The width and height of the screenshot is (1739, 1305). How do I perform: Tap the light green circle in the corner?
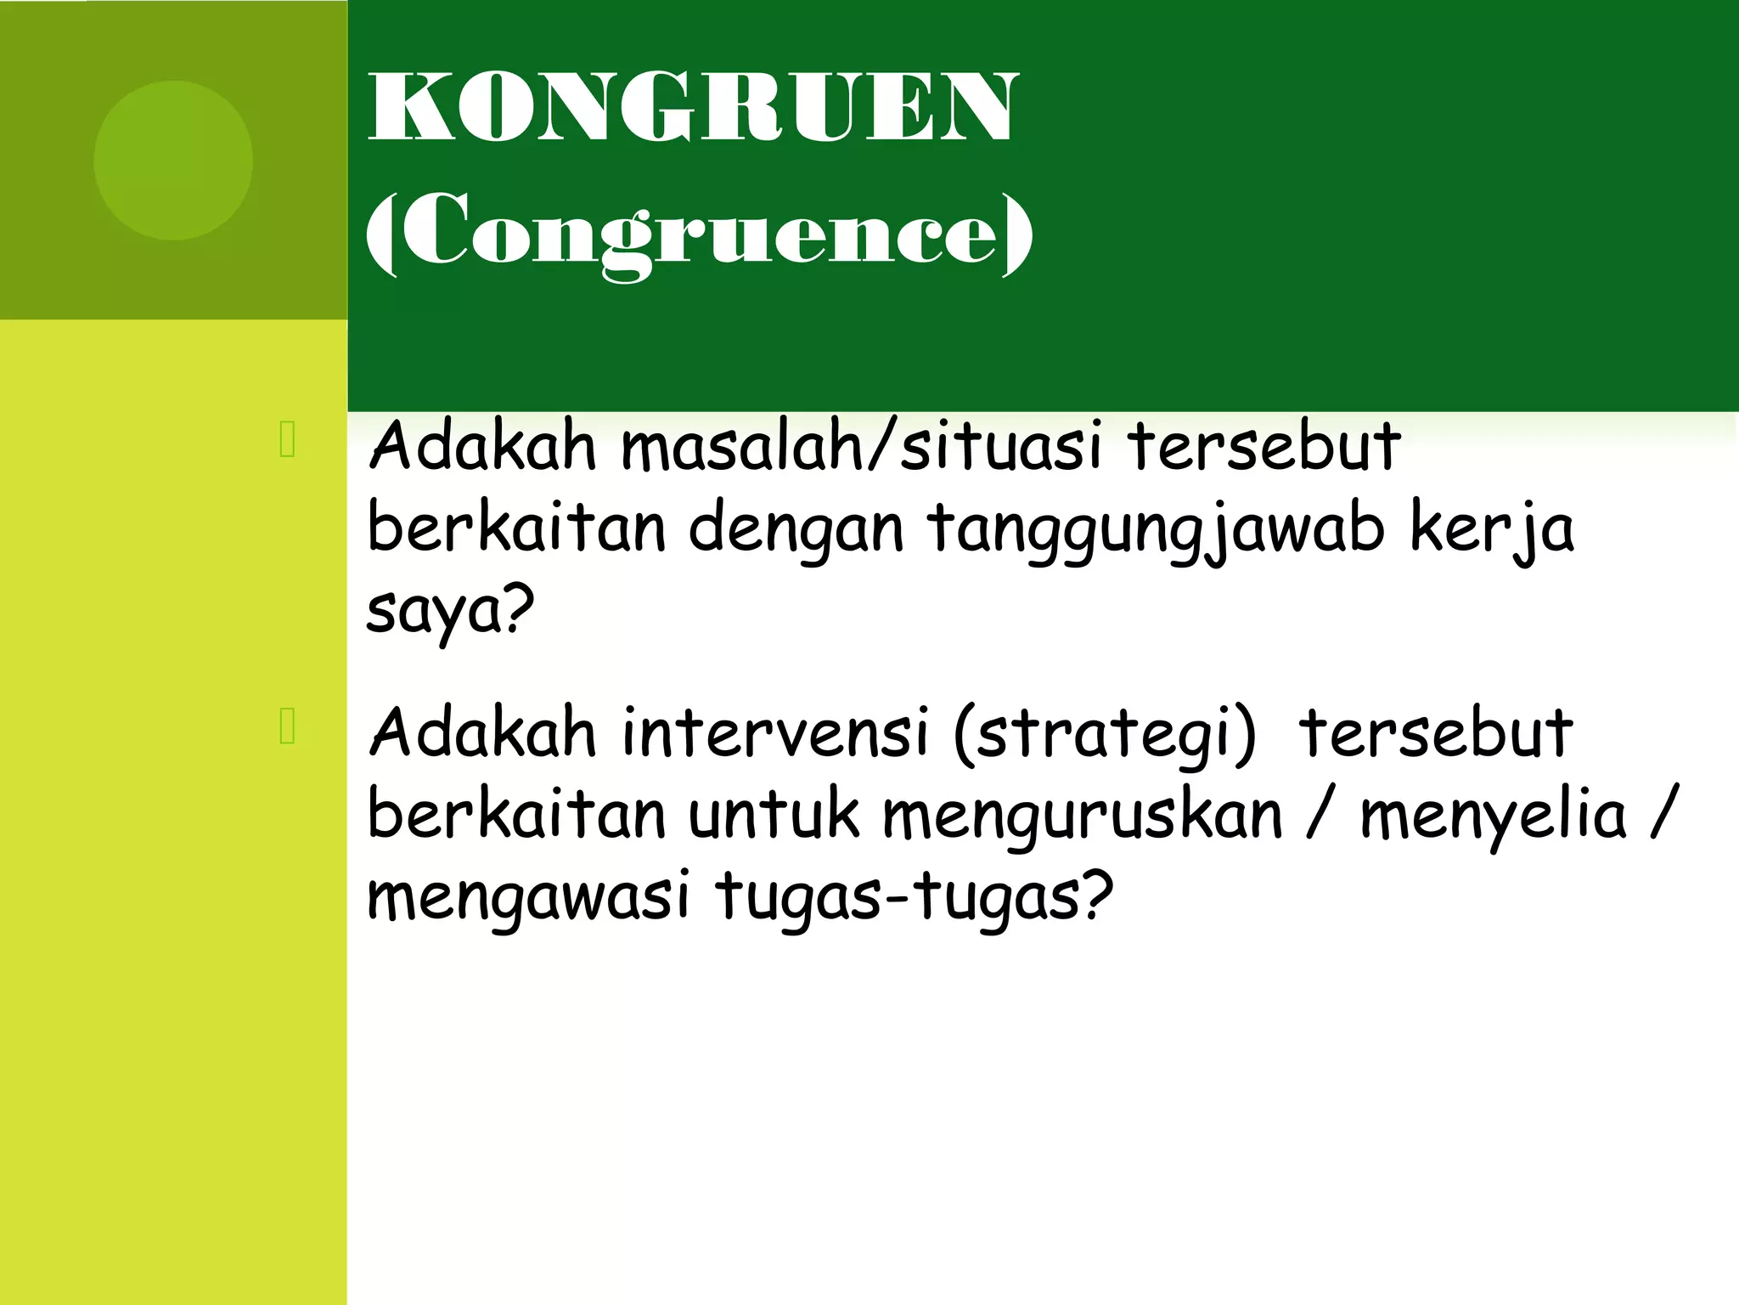tap(173, 160)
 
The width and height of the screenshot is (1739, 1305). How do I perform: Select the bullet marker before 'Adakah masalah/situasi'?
tap(287, 439)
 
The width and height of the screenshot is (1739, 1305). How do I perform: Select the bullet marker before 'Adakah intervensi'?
tap(287, 726)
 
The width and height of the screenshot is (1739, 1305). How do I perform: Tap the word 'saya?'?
tap(450, 610)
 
